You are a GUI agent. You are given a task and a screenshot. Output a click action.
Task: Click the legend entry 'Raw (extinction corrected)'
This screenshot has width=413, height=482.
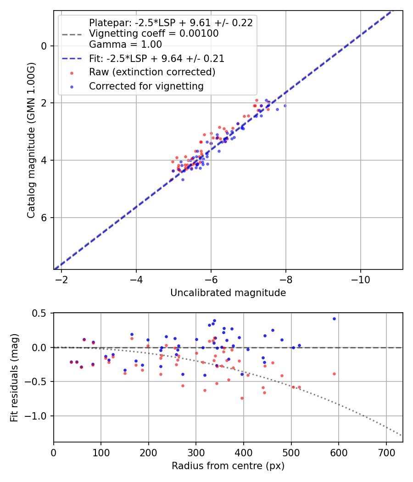(152, 72)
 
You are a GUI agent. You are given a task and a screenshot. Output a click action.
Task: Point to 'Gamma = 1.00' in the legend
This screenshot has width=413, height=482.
(125, 45)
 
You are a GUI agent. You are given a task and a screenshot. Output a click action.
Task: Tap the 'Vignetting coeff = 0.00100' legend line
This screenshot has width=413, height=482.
(154, 34)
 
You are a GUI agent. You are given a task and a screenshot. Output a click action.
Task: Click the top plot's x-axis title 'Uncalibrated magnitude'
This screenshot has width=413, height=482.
(228, 293)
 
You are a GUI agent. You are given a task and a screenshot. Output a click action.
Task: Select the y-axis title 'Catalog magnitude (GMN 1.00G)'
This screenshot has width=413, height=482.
(31, 140)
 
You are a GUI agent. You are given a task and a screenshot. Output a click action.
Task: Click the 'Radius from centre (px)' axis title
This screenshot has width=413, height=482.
(228, 466)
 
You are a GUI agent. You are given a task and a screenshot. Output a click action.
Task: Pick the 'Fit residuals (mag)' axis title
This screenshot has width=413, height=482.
(15, 377)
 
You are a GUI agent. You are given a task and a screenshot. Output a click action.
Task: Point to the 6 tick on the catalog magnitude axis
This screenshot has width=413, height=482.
(44, 218)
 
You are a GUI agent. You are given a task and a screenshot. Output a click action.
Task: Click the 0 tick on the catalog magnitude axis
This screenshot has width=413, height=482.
(44, 46)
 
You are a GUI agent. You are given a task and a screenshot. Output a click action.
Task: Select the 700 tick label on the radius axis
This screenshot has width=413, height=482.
(386, 452)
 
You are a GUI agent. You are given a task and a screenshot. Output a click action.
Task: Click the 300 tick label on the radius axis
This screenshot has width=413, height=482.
(196, 452)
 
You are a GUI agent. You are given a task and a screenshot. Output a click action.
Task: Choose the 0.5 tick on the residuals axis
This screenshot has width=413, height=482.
(39, 313)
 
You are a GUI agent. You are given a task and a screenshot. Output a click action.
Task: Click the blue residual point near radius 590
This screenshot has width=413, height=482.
(334, 319)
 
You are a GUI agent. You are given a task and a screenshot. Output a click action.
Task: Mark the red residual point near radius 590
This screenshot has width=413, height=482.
(334, 374)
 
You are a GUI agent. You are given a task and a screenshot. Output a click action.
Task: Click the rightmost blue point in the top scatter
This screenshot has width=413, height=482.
(285, 106)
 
